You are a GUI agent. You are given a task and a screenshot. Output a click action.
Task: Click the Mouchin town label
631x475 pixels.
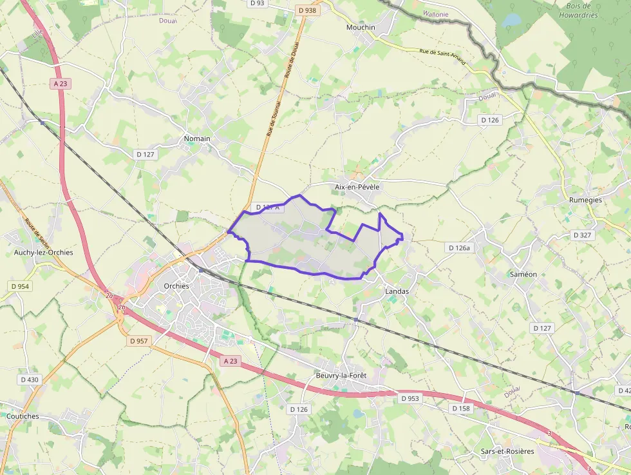coord(361,28)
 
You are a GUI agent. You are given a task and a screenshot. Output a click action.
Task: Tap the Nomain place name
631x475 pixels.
coord(197,139)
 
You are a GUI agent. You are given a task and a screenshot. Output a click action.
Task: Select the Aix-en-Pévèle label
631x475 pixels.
coord(357,187)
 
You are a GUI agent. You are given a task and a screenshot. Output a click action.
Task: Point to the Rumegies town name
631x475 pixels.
coord(585,200)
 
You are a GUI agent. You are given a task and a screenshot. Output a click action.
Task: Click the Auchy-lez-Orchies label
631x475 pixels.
coord(43,253)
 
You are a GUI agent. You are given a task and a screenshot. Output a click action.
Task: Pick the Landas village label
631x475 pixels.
coord(397,291)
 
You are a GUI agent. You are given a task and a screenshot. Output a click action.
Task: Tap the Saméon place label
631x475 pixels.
coord(523,274)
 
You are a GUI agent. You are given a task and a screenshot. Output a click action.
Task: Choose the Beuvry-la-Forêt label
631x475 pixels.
coord(341,376)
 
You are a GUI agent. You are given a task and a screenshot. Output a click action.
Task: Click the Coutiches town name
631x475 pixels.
coord(23,416)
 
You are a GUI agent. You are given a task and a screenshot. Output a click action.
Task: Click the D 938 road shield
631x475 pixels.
coord(308,10)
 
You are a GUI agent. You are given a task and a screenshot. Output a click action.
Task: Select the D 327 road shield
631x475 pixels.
coord(582,235)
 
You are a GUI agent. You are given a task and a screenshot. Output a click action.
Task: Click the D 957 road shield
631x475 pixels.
coord(139,340)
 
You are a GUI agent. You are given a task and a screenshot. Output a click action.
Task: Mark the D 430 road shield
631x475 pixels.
coord(30,380)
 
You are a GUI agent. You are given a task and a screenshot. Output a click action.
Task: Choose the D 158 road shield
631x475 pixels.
coord(461,409)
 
